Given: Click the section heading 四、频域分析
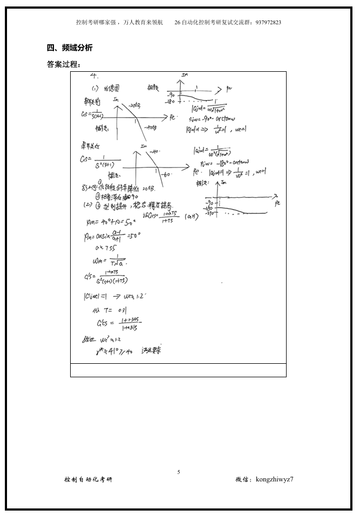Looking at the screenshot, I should pos(70,48).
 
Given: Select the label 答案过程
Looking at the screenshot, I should pos(64,65).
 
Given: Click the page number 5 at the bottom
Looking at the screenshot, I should pos(179,472).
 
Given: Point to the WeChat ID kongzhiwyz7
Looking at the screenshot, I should pos(275,479).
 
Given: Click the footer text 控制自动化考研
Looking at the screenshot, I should pos(89,479).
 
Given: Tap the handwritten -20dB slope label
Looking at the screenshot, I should pos(134,106).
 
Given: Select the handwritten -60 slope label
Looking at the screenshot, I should pos(166,174).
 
